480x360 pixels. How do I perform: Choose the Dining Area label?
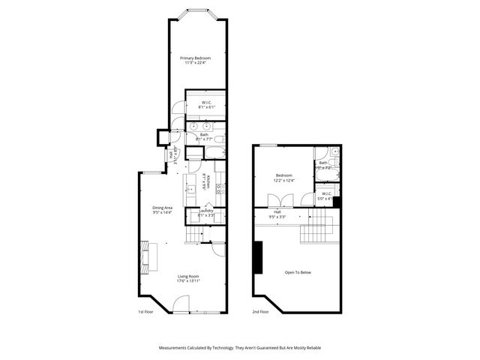pyautogui.click(x=163, y=209)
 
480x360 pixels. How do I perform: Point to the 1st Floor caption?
pyautogui.click(x=145, y=310)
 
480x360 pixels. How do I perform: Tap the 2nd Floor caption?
pyautogui.click(x=262, y=310)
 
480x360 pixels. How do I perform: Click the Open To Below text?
pyautogui.click(x=297, y=272)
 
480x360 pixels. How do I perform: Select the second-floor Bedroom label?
pyautogui.click(x=283, y=177)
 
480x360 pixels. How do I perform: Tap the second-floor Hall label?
pyautogui.click(x=277, y=214)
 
